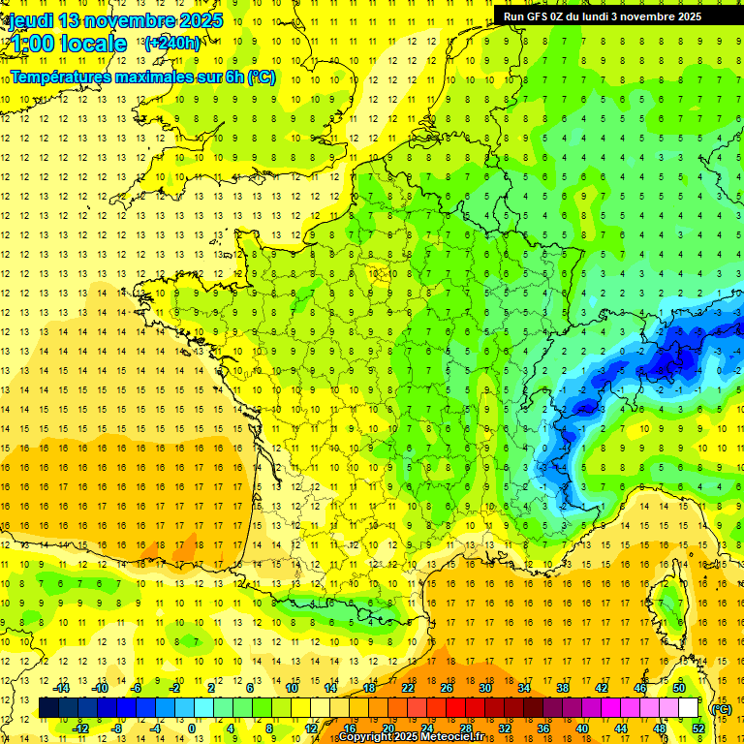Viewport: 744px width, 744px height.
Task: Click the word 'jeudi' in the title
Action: pyautogui.click(x=30, y=20)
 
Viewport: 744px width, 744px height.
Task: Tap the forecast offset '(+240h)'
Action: pyautogui.click(x=172, y=43)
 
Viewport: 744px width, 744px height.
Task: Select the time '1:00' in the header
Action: pyautogui.click(x=31, y=44)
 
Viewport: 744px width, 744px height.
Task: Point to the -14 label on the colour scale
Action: pyautogui.click(x=62, y=688)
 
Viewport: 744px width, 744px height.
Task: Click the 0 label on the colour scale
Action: pyautogui.click(x=192, y=728)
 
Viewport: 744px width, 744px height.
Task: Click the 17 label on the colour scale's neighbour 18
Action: pyautogui.click(x=369, y=688)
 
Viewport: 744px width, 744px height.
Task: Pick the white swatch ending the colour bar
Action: pyautogui.click(x=689, y=708)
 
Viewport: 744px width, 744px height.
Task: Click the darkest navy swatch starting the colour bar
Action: pyautogui.click(x=47, y=708)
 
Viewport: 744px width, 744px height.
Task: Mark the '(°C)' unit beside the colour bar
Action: pyautogui.click(x=721, y=708)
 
